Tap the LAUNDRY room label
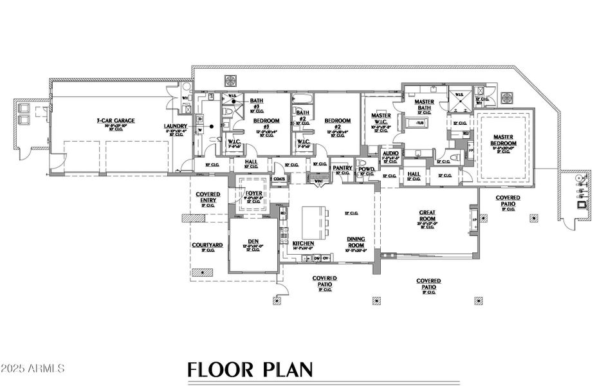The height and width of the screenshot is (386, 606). [175, 126]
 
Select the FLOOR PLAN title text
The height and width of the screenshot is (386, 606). [250, 369]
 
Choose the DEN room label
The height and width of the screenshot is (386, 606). [253, 241]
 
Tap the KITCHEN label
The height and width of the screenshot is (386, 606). [303, 244]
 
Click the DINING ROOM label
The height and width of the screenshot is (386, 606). [356, 241]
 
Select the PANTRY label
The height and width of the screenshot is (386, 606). [342, 168]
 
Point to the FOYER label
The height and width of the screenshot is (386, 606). [253, 193]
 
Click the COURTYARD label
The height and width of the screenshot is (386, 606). [207, 245]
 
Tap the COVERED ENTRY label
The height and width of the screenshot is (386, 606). [207, 198]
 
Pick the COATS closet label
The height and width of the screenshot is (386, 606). [279, 179]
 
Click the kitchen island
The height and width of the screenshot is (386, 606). [313, 219]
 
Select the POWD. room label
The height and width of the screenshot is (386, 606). [367, 168]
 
